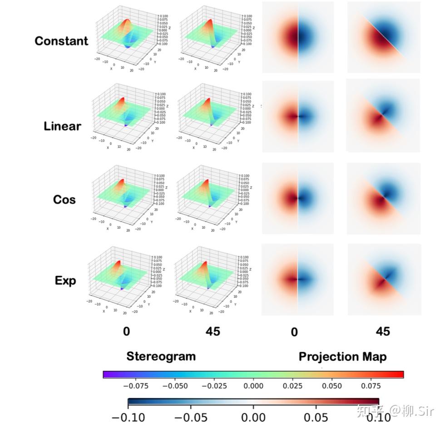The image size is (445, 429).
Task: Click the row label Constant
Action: pyautogui.click(x=61, y=41)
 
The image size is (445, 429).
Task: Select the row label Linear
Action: pyautogui.click(x=62, y=126)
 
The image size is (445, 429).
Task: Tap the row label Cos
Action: pyautogui.click(x=64, y=200)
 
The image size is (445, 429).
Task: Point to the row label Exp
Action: pyautogui.click(x=65, y=280)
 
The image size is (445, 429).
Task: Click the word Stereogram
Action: pyautogui.click(x=161, y=356)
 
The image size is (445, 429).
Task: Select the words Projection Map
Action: pyautogui.click(x=342, y=357)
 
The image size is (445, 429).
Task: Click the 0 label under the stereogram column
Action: pyautogui.click(x=126, y=331)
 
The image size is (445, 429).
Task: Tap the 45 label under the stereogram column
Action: pyautogui.click(x=209, y=331)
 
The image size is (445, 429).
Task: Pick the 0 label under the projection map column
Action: pyautogui.click(x=294, y=332)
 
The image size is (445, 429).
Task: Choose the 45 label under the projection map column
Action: pyautogui.click(x=383, y=332)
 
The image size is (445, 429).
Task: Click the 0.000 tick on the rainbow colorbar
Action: pyautogui.click(x=253, y=386)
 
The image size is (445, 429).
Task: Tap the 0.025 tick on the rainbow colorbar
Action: pyautogui.click(x=293, y=386)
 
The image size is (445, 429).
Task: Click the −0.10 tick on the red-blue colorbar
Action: pyautogui.click(x=129, y=417)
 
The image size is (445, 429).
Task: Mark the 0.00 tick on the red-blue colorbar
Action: pyautogui.click(x=253, y=417)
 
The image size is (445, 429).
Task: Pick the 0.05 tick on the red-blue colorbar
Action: pyautogui.click(x=316, y=417)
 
